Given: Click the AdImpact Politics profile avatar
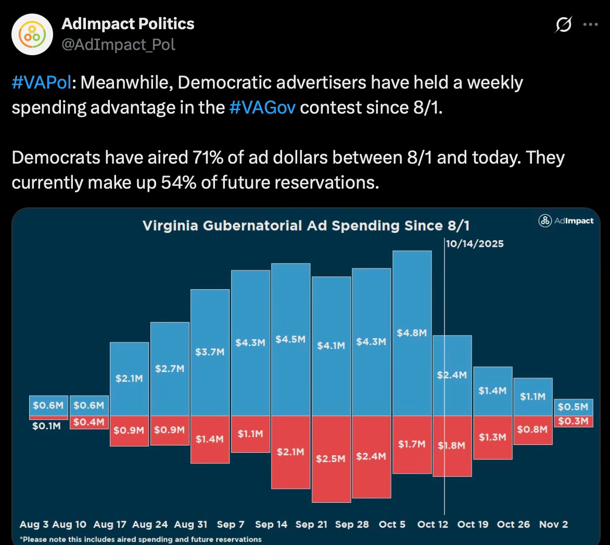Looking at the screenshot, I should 33,34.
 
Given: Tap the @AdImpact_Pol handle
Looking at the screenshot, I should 119,45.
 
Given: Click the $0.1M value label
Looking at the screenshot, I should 46,426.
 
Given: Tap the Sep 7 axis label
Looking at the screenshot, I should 231,524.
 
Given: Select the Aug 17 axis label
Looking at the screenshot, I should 110,524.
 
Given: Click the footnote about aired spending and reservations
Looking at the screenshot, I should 141,539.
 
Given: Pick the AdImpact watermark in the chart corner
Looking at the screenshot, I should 566,220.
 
